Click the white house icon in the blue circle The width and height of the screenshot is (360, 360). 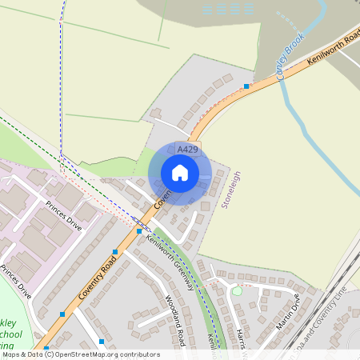click(x=180, y=173)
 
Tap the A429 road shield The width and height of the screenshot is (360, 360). click(x=188, y=150)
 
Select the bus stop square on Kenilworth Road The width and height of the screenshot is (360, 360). click(x=246, y=86)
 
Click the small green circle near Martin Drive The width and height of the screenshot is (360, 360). click(x=236, y=291)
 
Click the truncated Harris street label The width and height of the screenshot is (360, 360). click(x=240, y=338)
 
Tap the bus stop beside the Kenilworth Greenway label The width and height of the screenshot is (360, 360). click(x=138, y=230)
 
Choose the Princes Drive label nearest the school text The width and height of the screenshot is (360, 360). click(x=16, y=281)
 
